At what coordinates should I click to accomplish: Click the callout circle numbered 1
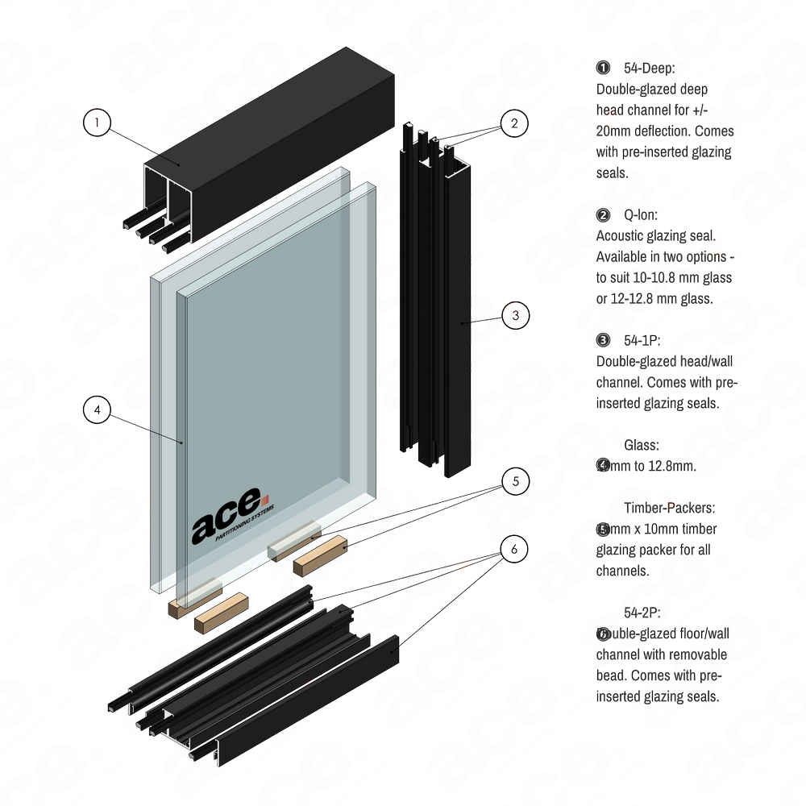coord(97,121)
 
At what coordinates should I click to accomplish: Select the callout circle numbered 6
coord(515,550)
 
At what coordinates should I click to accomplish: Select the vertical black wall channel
coord(439,306)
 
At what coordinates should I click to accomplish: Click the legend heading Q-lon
coord(642,215)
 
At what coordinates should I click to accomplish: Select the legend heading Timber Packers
coord(669,509)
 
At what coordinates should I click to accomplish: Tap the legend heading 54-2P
coord(642,613)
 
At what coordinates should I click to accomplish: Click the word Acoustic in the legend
coord(621,236)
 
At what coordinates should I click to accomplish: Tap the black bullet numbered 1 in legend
coord(603,67)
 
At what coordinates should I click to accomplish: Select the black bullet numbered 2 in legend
coord(603,215)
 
